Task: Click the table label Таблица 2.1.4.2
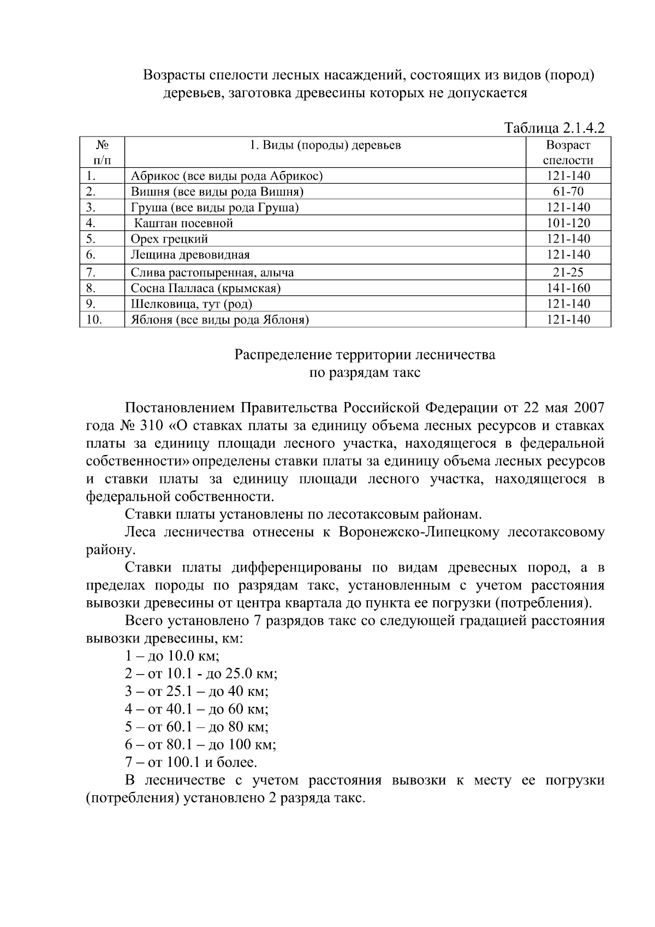pyautogui.click(x=555, y=128)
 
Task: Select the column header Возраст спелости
pyautogui.click(x=568, y=152)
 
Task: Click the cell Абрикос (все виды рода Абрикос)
pyautogui.click(x=227, y=176)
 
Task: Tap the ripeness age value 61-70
pyautogui.click(x=568, y=192)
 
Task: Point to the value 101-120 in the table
pyautogui.click(x=568, y=223)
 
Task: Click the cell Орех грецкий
pyautogui.click(x=169, y=239)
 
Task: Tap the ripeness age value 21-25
pyautogui.click(x=568, y=273)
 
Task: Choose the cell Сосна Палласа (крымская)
pyautogui.click(x=206, y=288)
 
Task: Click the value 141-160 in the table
pyautogui.click(x=568, y=288)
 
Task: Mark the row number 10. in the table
pyautogui.click(x=94, y=320)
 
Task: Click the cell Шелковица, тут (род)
pyautogui.click(x=191, y=304)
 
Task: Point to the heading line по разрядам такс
pyautogui.click(x=365, y=373)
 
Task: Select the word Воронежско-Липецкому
pyautogui.click(x=419, y=532)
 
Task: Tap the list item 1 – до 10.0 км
pyautogui.click(x=172, y=656)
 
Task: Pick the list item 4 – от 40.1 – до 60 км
pyautogui.click(x=196, y=709)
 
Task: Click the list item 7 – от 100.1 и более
pyautogui.click(x=190, y=762)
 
